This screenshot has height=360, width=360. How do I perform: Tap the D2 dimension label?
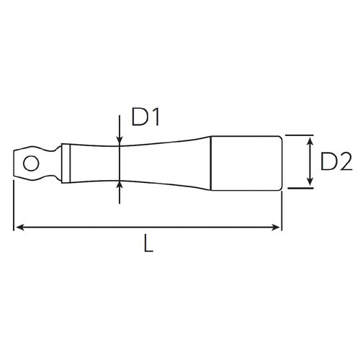tap(335, 162)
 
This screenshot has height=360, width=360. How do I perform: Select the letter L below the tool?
tap(148, 245)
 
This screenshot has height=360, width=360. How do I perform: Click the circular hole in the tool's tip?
tap(30, 162)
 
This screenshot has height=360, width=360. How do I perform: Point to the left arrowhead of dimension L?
tap(19, 228)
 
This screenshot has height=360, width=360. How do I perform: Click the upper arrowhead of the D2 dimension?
tap(309, 139)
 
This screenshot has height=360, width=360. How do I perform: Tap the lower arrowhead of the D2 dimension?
tap(309, 184)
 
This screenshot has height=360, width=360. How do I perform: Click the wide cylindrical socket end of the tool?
tap(245, 162)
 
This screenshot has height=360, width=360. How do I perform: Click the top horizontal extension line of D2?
tap(299, 135)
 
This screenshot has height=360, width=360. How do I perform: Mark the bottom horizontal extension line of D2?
tap(299, 189)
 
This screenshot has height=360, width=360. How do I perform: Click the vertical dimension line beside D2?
tap(309, 162)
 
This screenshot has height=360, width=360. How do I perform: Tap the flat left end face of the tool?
tap(14, 162)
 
